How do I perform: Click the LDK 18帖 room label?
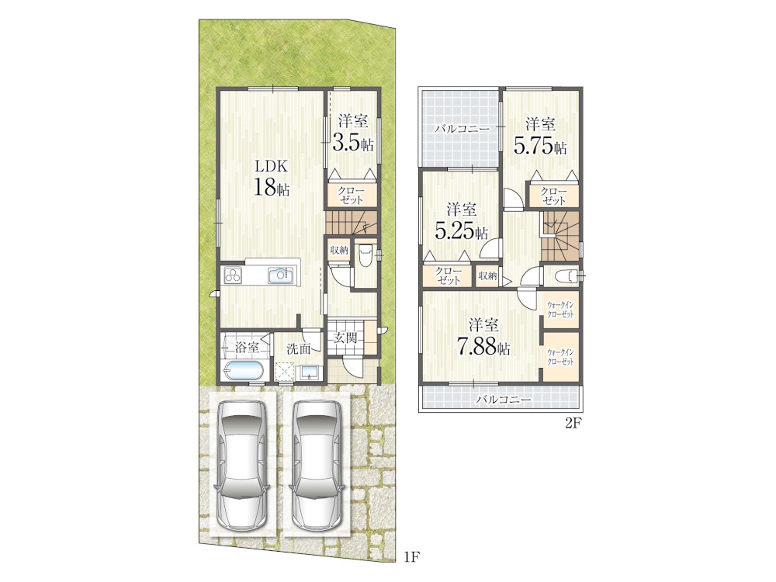coord(272,178)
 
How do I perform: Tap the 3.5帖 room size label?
coord(353,144)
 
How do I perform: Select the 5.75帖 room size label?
coord(540,147)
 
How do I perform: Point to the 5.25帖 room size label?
coord(462,231)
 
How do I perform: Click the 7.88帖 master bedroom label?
coord(483,348)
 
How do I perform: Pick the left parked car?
coord(242,464)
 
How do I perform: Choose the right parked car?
coord(316,464)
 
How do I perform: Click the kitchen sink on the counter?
coord(282,275)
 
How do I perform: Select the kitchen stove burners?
coord(233,275)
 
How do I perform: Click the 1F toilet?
coord(365,255)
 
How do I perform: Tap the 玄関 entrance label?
coord(346,338)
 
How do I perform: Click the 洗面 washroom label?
coord(299,349)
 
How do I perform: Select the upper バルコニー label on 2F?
coord(462,130)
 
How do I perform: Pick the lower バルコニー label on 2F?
coord(504,399)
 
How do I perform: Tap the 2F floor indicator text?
coord(572,424)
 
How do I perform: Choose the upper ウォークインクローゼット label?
coord(561,310)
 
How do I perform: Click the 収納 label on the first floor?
coord(339,251)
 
